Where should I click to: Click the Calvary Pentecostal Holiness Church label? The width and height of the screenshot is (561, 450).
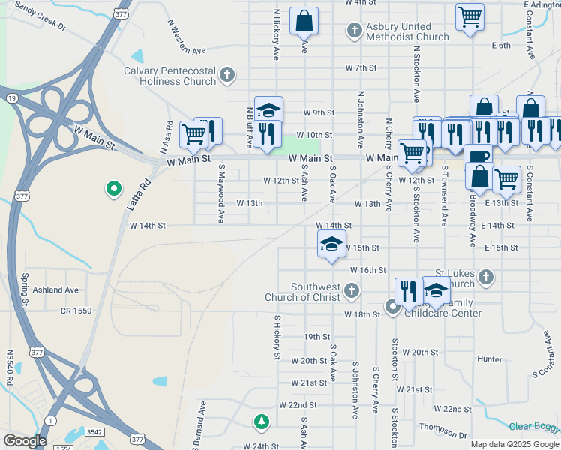pyautogui.click(x=171, y=76)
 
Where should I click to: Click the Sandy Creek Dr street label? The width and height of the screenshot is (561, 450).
pyautogui.click(x=40, y=18)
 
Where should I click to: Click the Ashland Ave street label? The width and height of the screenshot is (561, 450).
pyautogui.click(x=61, y=289)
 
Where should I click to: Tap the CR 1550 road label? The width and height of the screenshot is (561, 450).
pyautogui.click(x=76, y=310)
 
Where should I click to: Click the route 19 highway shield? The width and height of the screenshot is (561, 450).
pyautogui.click(x=11, y=97)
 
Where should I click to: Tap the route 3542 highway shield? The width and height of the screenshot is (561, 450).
pyautogui.click(x=94, y=432)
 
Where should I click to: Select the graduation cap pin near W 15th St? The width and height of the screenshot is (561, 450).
pyautogui.click(x=331, y=243)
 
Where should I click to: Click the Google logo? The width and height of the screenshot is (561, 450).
pyautogui.click(x=25, y=441)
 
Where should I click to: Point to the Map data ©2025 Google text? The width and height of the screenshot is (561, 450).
pyautogui.click(x=514, y=444)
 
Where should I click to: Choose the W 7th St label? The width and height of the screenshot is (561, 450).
pyautogui.click(x=361, y=67)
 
